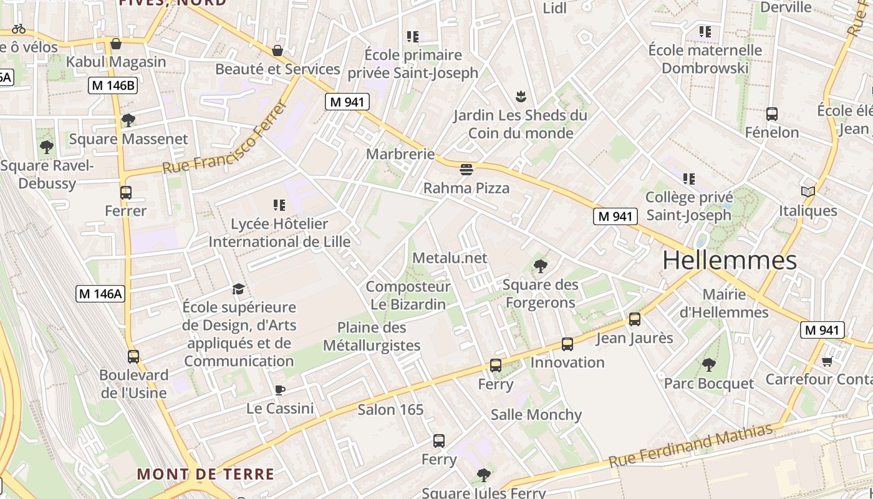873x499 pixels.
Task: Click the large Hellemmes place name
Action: tap(730, 260)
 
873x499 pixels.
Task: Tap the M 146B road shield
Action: tap(112, 86)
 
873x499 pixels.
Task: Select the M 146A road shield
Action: tap(100, 293)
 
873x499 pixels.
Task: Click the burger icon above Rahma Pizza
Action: tap(466, 169)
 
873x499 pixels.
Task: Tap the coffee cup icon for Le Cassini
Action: tap(280, 390)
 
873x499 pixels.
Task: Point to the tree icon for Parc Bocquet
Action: tap(708, 364)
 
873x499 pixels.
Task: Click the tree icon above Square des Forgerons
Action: tap(540, 266)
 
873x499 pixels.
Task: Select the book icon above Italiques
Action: tap(808, 191)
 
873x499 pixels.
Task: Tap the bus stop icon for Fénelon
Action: tap(772, 114)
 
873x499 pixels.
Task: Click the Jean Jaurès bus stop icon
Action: tap(635, 319)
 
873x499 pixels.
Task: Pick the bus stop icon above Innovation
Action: tap(567, 344)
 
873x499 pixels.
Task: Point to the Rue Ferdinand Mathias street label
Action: tap(690, 445)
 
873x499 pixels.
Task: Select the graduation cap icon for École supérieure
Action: tap(239, 289)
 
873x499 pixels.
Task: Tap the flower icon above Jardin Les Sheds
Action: tap(520, 97)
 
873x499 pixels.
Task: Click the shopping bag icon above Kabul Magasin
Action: tap(116, 44)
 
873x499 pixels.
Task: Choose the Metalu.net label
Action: tap(450, 258)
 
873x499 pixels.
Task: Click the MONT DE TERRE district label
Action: tap(205, 474)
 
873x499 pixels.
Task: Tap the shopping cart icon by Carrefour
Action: tap(827, 361)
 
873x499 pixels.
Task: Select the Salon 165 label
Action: tap(390, 410)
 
